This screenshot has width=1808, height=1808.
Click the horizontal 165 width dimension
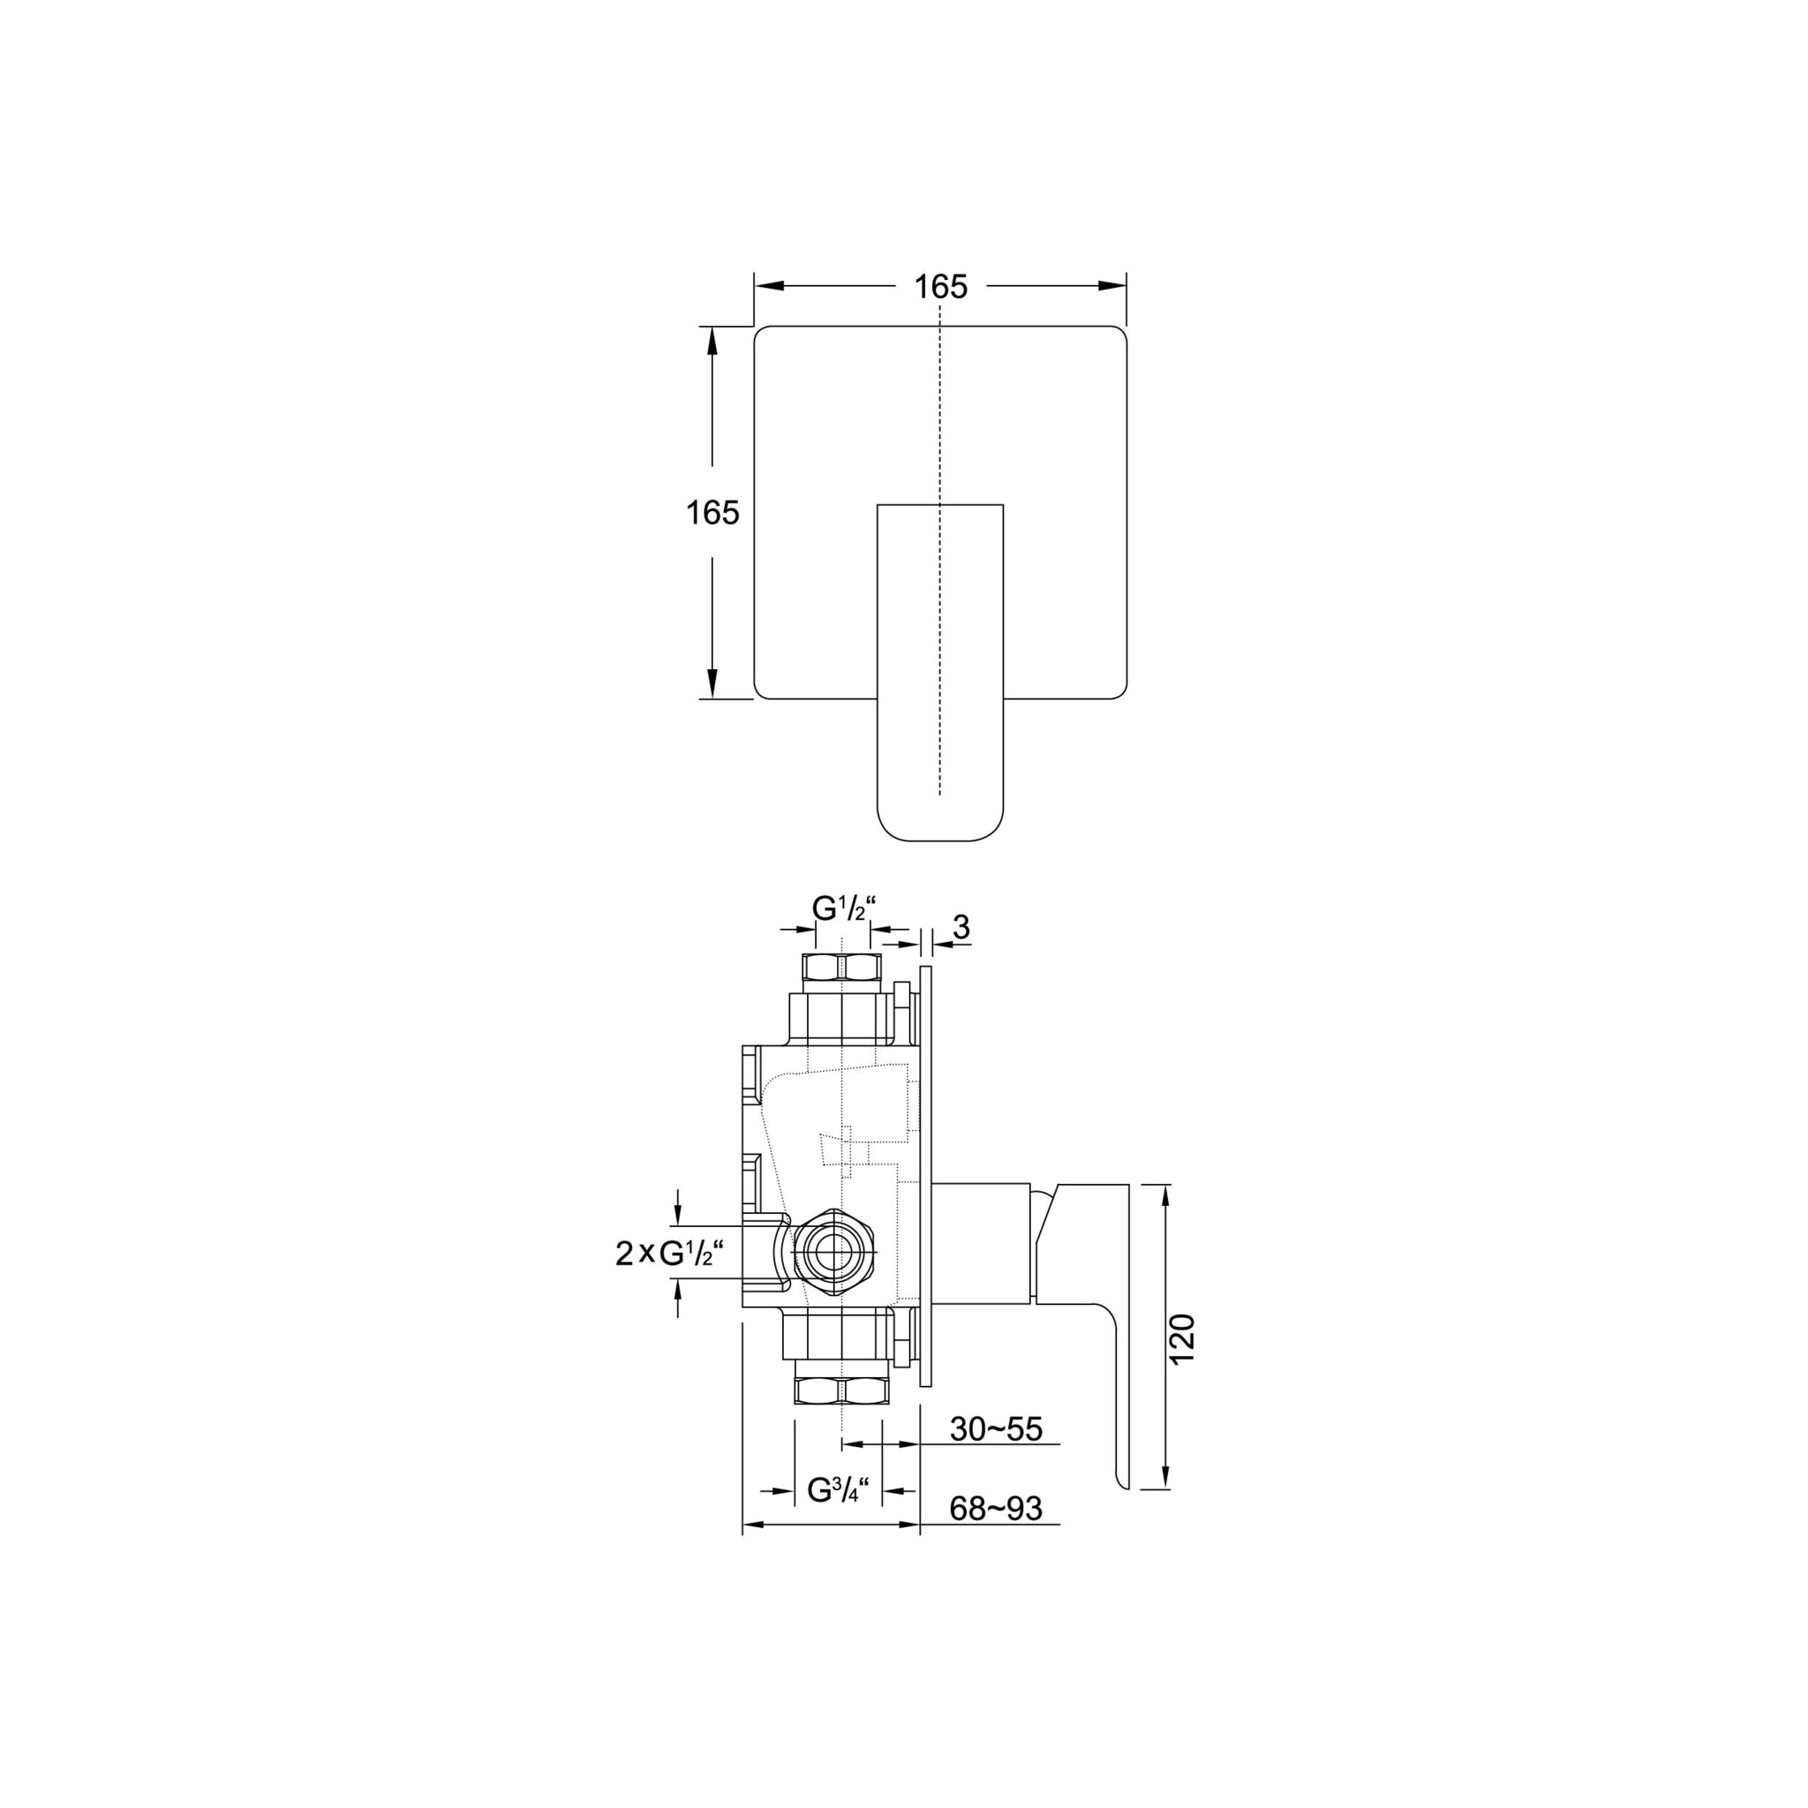click(x=940, y=286)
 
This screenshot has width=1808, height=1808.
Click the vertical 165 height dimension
click(x=713, y=512)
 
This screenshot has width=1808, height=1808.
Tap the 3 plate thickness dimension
click(x=961, y=928)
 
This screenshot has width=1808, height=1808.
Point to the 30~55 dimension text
click(x=996, y=1429)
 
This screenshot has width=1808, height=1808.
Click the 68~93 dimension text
click(x=996, y=1509)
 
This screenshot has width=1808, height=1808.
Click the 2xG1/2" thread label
click(x=670, y=1252)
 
